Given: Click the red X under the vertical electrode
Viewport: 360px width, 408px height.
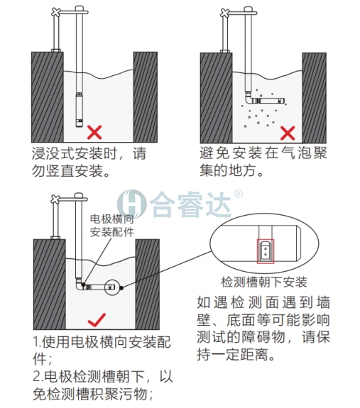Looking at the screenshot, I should pos(94,132).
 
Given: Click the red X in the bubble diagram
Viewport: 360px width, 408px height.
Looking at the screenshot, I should pos(288,133).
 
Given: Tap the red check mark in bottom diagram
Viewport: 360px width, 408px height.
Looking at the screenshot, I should pos(96,319).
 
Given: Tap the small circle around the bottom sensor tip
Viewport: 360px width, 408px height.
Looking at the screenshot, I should pos(111,287).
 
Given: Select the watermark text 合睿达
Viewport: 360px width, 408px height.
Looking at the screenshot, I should pos(192,204).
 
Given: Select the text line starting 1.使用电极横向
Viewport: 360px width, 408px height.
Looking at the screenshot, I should pos(103,342).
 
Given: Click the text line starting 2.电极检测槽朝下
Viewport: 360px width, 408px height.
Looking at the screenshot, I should pos(103,377).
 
